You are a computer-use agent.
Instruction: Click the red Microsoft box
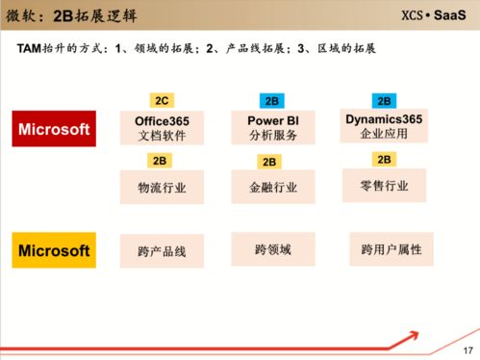click(x=54, y=129)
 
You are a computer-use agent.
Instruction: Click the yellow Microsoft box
click(x=54, y=251)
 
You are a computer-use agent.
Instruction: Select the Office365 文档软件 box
click(x=162, y=129)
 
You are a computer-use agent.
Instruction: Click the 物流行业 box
click(x=162, y=188)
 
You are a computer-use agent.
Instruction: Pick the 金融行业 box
click(x=270, y=188)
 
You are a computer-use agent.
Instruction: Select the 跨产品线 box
click(x=162, y=251)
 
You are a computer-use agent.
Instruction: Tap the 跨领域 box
click(x=272, y=249)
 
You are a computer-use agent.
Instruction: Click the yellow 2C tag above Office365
click(x=161, y=100)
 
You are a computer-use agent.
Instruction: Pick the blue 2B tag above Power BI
click(x=270, y=100)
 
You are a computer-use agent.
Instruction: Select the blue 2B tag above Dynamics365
click(x=384, y=100)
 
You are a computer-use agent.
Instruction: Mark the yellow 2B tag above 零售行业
click(x=384, y=159)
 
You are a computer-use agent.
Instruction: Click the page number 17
click(x=468, y=348)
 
